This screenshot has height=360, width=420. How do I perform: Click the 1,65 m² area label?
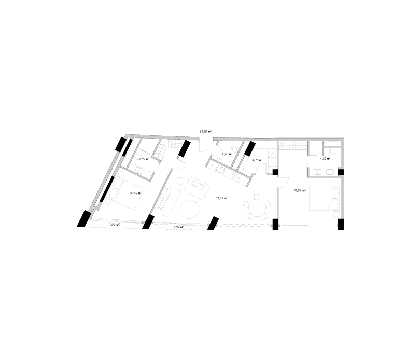(x=115, y=225)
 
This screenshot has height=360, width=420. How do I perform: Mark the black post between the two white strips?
(x=147, y=226)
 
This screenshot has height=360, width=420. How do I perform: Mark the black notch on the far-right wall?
(x=341, y=171)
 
